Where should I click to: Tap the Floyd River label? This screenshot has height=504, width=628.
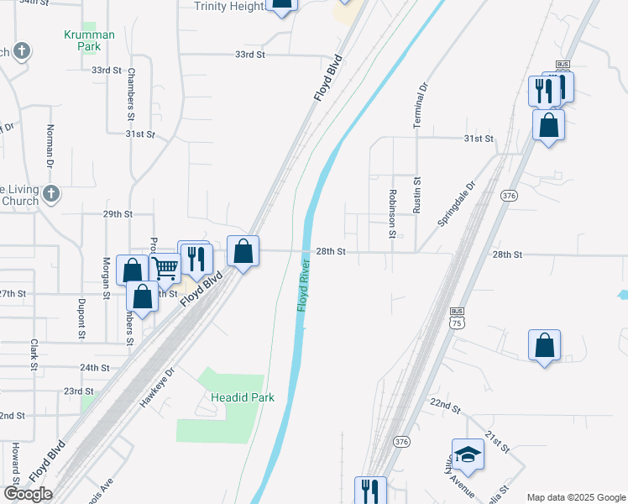tap(303, 287)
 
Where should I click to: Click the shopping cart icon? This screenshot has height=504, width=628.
tap(166, 269)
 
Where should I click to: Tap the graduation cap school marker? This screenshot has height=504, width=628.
tap(468, 454)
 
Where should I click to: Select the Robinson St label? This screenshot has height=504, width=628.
tap(392, 213)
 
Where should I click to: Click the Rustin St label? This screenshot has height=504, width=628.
tap(416, 195)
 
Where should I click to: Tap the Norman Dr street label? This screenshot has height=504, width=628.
tap(50, 144)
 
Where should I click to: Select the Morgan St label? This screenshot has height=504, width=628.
tap(107, 278)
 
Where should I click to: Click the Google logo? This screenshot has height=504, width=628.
tap(28, 494)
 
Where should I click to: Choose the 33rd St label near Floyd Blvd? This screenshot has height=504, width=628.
tap(249, 55)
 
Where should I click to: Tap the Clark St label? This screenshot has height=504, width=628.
tap(34, 354)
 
